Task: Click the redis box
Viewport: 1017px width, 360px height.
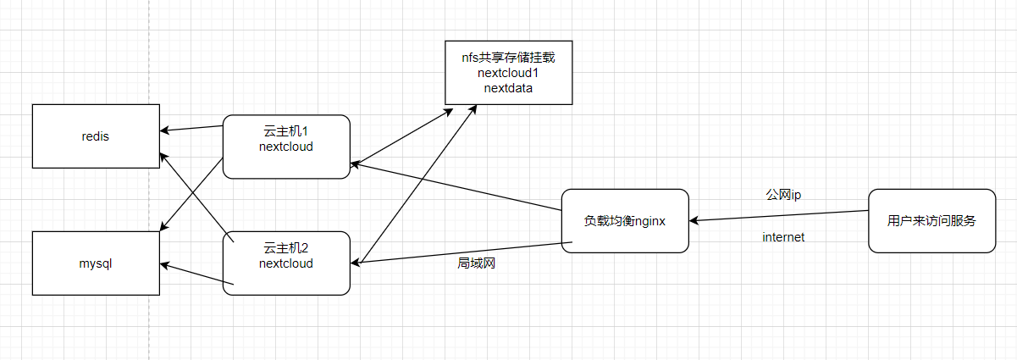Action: (x=96, y=136)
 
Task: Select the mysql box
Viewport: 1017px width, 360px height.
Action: (x=96, y=263)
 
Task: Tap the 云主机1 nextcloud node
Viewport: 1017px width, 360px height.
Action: (x=286, y=147)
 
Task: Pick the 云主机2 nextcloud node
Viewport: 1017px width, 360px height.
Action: (x=286, y=263)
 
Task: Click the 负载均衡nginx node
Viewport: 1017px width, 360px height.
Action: (x=625, y=220)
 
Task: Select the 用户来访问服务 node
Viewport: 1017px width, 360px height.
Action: (x=931, y=220)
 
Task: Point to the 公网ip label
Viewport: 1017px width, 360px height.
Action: (x=783, y=195)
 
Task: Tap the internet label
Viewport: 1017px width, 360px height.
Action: (x=783, y=237)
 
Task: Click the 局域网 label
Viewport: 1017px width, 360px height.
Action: (x=476, y=263)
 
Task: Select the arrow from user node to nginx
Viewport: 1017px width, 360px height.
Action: (x=779, y=216)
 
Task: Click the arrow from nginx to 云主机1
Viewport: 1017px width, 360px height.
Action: (x=457, y=185)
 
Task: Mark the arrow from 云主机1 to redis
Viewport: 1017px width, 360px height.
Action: (x=193, y=129)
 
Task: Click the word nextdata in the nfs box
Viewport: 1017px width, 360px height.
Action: (x=508, y=87)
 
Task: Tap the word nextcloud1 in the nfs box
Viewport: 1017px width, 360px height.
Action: (x=508, y=73)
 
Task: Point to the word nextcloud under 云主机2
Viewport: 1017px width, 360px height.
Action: (x=286, y=263)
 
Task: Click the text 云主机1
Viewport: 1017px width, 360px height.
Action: (x=285, y=132)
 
